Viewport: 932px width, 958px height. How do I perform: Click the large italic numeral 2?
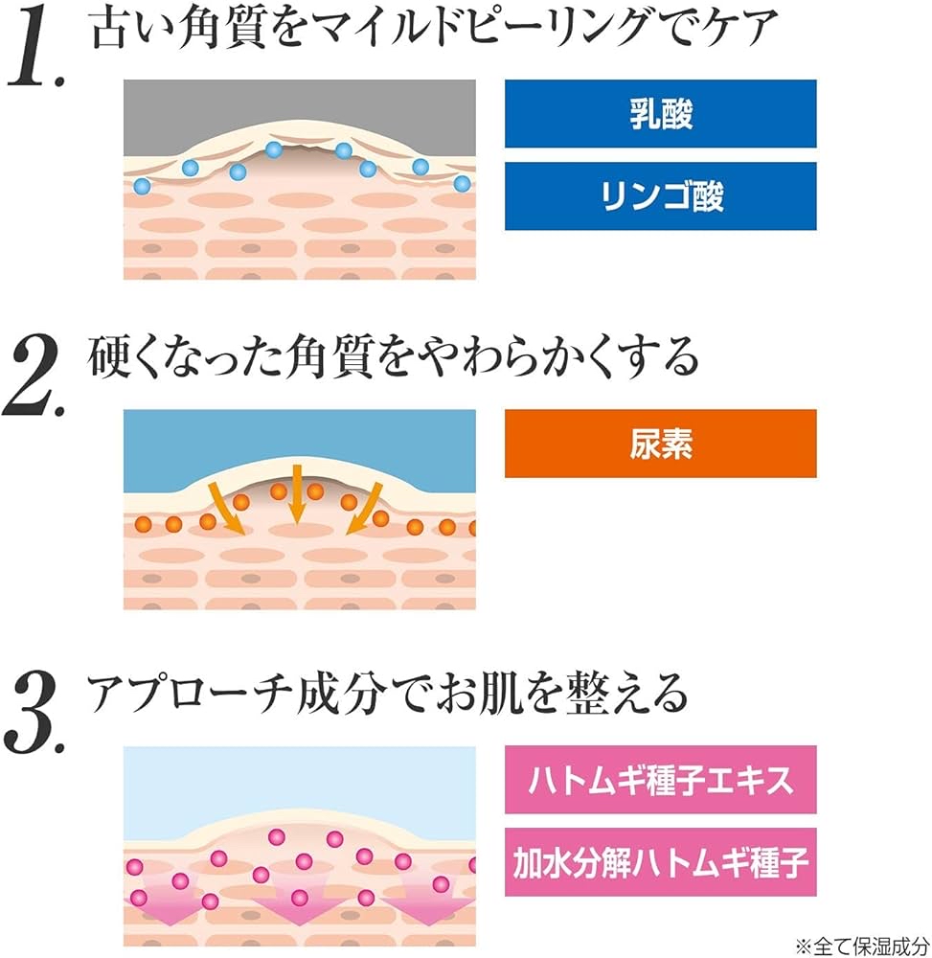(x=34, y=376)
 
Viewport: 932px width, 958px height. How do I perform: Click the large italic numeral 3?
(x=34, y=713)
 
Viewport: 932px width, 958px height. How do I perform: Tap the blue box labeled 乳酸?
(x=660, y=114)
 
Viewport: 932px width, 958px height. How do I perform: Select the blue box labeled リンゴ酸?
(x=660, y=196)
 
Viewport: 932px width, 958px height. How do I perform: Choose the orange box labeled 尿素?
(x=660, y=444)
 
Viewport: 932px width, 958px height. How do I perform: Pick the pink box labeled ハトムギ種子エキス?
(x=660, y=780)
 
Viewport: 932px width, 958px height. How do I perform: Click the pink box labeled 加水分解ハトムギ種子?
(x=660, y=862)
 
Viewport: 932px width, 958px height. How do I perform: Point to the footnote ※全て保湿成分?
(x=862, y=946)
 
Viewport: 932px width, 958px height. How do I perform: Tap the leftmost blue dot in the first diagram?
(x=142, y=185)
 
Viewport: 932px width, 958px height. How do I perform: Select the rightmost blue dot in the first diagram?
(x=462, y=183)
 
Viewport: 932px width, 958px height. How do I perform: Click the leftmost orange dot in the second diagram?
(x=143, y=524)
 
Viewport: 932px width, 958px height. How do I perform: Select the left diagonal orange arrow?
(x=227, y=509)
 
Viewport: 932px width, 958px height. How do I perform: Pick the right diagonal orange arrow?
(x=365, y=509)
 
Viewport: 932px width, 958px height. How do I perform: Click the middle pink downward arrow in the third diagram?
(x=299, y=900)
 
